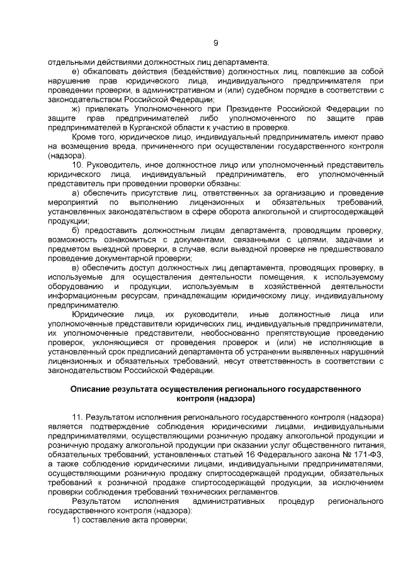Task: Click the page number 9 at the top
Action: pos(215,43)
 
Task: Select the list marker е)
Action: pos(76,72)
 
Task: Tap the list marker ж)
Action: pos(77,109)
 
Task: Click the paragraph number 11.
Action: pos(78,417)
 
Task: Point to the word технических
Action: pos(207,492)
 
